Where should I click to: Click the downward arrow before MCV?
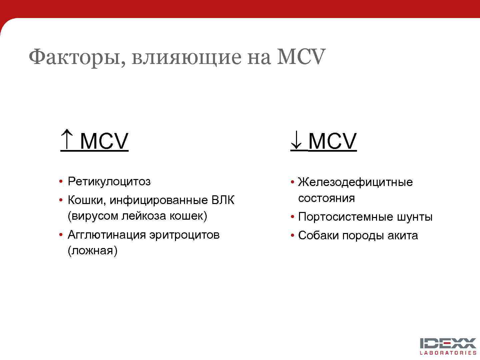click(x=296, y=141)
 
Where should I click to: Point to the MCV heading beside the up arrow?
click(x=104, y=141)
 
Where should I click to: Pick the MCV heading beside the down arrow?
click(x=332, y=141)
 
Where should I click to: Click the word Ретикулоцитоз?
click(x=109, y=182)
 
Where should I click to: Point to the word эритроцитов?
click(x=184, y=235)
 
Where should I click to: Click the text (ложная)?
click(x=92, y=251)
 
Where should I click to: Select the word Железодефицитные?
click(x=355, y=182)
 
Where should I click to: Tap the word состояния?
click(x=326, y=198)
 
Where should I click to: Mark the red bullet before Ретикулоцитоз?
click(x=61, y=182)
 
